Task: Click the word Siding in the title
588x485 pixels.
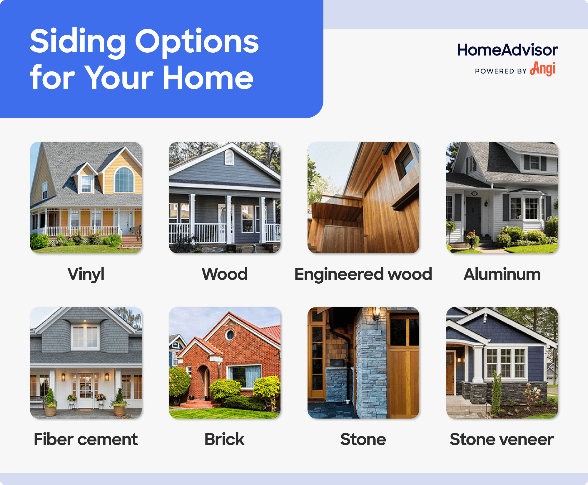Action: point(78,42)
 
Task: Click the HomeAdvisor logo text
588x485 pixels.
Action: point(507,50)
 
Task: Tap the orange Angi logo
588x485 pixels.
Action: point(543,69)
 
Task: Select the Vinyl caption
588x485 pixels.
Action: point(86,274)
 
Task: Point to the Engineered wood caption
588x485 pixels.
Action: point(363,274)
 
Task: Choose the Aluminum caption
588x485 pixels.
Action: point(502,274)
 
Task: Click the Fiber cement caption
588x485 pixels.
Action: point(86,439)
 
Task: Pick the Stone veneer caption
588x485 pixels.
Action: point(502,439)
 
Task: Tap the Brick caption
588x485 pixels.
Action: point(224,439)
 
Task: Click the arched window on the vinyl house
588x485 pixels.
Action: point(124,180)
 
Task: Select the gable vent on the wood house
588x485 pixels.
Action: point(229,158)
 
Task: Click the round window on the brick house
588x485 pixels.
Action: point(230,335)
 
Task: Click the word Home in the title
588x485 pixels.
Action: point(208,78)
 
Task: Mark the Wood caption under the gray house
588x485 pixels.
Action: point(224,274)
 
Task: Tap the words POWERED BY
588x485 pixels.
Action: point(501,71)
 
